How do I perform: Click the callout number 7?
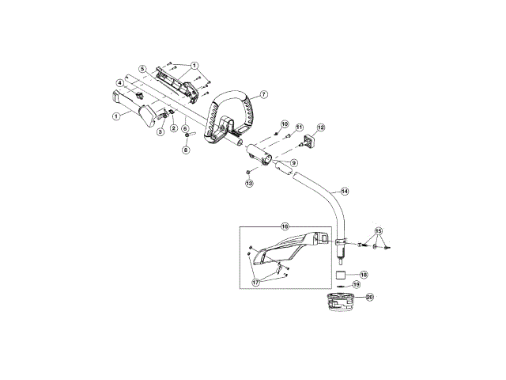pos(263,94)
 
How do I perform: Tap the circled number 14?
pos(343,192)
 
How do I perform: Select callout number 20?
pos(369,298)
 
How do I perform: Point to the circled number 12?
pos(321,127)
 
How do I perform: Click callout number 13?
pos(248,183)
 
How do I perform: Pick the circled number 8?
pos(186,150)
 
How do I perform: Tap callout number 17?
pos(256,282)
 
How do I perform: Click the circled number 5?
pos(143,69)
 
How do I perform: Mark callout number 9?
pos(293,162)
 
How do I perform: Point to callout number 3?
pos(160,132)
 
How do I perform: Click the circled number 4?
pos(120,82)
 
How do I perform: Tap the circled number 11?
pos(300,127)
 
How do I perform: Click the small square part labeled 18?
pos(339,275)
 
